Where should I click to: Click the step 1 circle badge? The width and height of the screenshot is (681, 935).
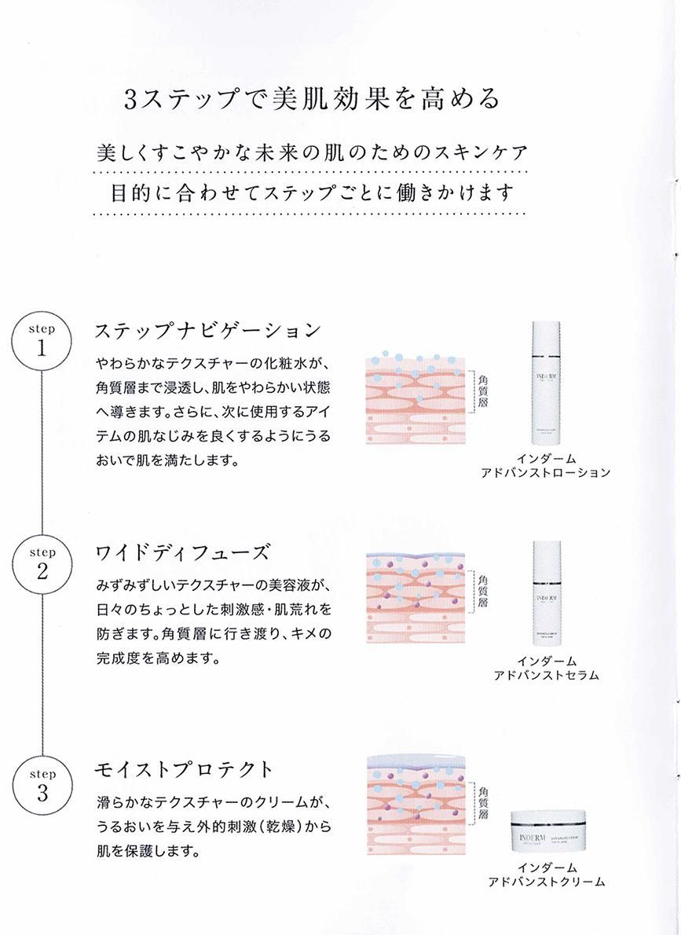coord(42,342)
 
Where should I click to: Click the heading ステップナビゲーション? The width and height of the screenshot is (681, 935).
coord(207,331)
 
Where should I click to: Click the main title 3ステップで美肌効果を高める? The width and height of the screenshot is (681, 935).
coord(312,100)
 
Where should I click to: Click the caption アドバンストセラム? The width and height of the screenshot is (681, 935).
coord(547,676)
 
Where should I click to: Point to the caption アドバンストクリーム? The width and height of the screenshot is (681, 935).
coord(547,882)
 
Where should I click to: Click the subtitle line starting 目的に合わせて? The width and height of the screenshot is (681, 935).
coord(308,192)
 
